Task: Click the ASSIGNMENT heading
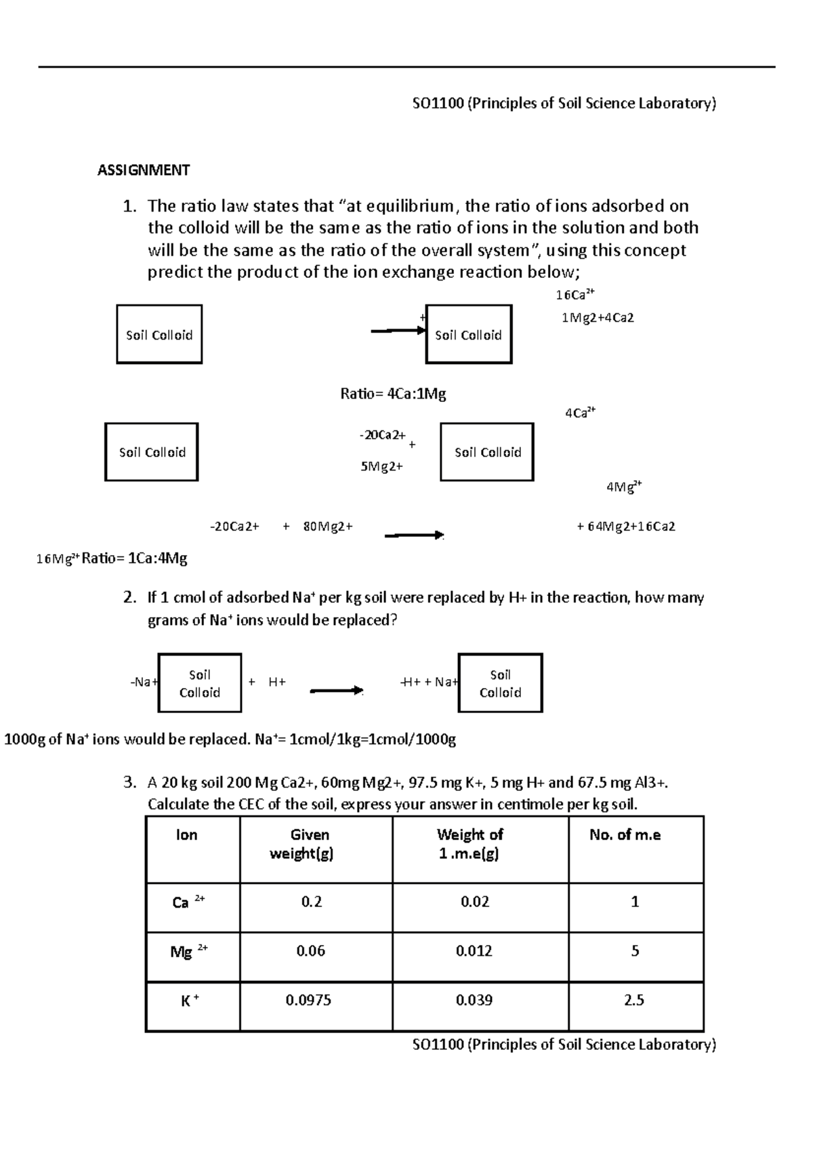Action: coord(144,170)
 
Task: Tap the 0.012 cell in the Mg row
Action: coord(474,951)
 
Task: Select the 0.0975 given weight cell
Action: coord(308,1001)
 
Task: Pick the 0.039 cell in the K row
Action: coord(474,1001)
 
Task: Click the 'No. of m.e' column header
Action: coord(625,835)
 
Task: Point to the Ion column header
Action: coord(186,835)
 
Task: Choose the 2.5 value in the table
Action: coord(634,1001)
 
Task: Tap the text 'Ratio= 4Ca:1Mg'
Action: coord(393,394)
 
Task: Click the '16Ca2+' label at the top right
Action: coord(575,294)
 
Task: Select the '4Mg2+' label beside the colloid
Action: coord(623,487)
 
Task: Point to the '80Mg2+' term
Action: coord(328,527)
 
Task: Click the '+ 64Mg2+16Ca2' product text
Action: coord(625,527)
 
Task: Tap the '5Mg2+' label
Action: coord(382,467)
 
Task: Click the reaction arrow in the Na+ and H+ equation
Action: coord(336,691)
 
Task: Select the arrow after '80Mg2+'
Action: coord(413,536)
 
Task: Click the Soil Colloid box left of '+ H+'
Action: coord(200,683)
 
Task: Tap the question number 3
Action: coord(130,783)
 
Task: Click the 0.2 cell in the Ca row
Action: coord(312,902)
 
